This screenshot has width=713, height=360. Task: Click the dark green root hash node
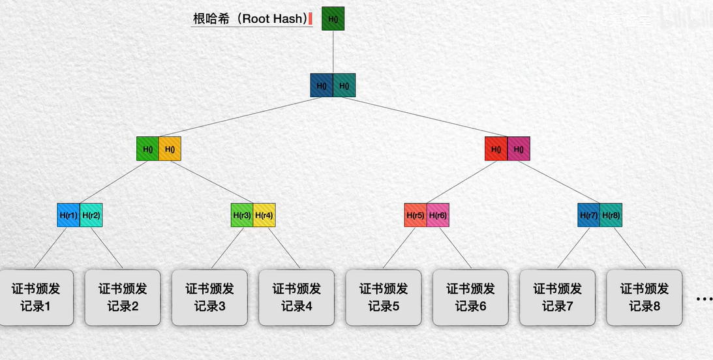tap(333, 19)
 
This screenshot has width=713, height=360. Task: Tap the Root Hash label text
tap(249, 18)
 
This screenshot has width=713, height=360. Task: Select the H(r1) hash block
tap(68, 215)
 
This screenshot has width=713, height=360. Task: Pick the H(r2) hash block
tap(91, 215)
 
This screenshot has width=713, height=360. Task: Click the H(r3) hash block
tap(242, 215)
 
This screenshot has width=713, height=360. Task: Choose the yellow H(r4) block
tap(264, 215)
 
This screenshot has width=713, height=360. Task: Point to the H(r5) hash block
tap(416, 215)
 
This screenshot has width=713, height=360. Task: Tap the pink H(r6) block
tap(438, 215)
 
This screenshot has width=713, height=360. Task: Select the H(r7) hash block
tap(589, 215)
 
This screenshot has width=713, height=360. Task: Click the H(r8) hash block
tap(611, 215)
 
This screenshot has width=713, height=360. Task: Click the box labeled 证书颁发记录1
tap(35, 297)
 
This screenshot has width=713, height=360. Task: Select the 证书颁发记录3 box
tap(209, 297)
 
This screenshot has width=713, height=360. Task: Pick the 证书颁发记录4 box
tap(296, 297)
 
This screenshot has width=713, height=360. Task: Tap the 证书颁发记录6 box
tap(470, 297)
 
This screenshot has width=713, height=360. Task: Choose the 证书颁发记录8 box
tap(644, 297)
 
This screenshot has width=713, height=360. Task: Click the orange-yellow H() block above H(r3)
tap(170, 149)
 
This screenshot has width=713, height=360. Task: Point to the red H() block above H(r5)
tap(496, 149)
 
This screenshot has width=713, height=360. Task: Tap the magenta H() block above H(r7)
tap(519, 149)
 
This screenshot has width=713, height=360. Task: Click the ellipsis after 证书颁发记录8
tap(704, 299)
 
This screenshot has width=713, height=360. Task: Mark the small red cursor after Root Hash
tap(311, 19)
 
